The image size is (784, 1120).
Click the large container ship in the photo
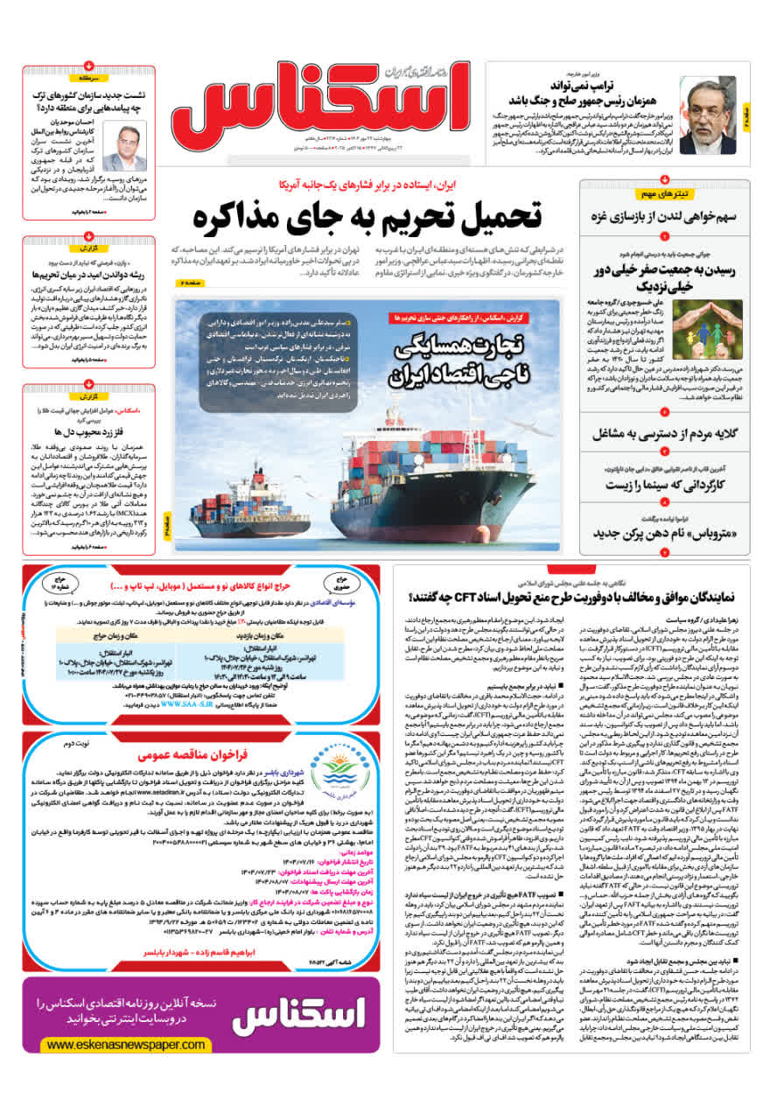point(437,472)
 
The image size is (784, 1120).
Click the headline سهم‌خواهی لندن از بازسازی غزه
point(664,215)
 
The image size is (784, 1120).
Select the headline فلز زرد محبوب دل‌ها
point(91,431)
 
